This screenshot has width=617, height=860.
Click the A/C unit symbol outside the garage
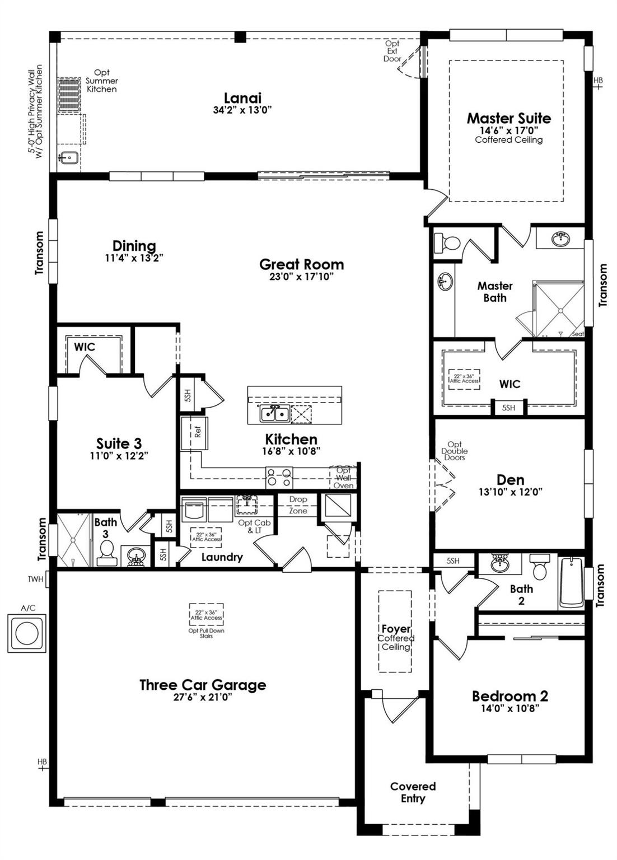[x=26, y=633]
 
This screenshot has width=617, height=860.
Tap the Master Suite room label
[x=508, y=118]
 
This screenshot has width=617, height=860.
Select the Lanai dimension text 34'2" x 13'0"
[x=242, y=110]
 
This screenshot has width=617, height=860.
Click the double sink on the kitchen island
[x=274, y=414]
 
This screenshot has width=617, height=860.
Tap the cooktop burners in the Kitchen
[x=279, y=478]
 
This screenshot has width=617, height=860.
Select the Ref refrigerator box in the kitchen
[x=194, y=433]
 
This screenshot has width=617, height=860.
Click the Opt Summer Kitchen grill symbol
[x=69, y=95]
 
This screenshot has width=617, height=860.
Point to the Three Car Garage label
[x=203, y=685]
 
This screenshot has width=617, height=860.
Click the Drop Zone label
[x=298, y=504]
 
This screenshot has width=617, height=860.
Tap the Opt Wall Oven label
[x=343, y=478]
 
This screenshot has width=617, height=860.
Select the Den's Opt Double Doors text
[x=455, y=451]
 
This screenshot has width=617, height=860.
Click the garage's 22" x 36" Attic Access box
[x=206, y=615]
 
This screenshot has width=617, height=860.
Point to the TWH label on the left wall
[x=35, y=579]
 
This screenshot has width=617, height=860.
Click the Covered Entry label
[x=413, y=792]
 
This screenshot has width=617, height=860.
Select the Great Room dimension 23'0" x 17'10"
[x=301, y=277]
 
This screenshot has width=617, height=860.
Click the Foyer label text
[x=396, y=629]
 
